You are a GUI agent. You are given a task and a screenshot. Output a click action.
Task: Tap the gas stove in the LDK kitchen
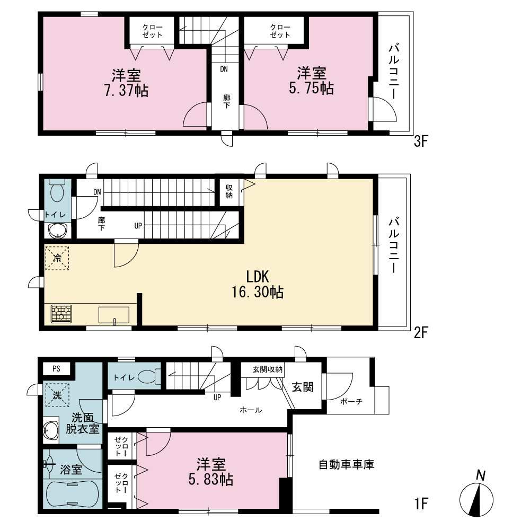[x=61, y=314]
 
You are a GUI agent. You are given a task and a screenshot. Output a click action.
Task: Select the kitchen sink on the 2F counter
[x=113, y=315]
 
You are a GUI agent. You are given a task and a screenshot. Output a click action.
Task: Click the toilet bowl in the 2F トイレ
[x=57, y=191]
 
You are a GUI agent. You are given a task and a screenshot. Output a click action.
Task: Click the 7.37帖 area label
[x=127, y=91]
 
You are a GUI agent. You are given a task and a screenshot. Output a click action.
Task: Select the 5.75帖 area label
[x=311, y=88]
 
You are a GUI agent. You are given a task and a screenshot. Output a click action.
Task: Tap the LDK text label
[x=258, y=277]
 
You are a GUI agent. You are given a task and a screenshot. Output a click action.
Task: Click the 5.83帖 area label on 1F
[x=211, y=479]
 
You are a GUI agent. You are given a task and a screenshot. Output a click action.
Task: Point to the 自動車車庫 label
[x=347, y=464]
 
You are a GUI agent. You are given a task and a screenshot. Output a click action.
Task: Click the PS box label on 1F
[x=57, y=368]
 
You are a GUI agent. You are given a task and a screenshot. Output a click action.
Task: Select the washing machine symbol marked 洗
[x=57, y=395]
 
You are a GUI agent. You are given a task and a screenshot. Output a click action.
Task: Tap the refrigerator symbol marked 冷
[x=57, y=259]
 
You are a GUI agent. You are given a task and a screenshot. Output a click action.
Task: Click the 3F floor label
[x=421, y=141]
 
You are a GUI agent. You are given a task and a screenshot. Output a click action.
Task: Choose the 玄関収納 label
[x=267, y=369]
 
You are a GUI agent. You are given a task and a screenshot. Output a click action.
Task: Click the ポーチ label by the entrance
[x=351, y=402]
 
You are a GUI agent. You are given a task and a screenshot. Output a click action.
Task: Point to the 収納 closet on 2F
[x=229, y=191]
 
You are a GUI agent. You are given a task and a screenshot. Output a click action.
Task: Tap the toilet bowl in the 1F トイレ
[x=149, y=377]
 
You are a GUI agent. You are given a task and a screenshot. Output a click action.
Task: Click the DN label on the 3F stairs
[x=224, y=69]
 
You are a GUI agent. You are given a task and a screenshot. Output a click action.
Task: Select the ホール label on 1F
[x=251, y=410]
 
